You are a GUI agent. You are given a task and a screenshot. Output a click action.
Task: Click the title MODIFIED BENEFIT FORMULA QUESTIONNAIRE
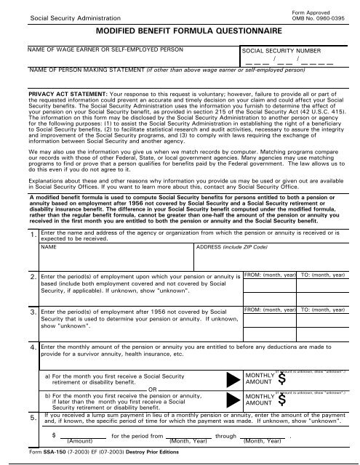tap(179, 32)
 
